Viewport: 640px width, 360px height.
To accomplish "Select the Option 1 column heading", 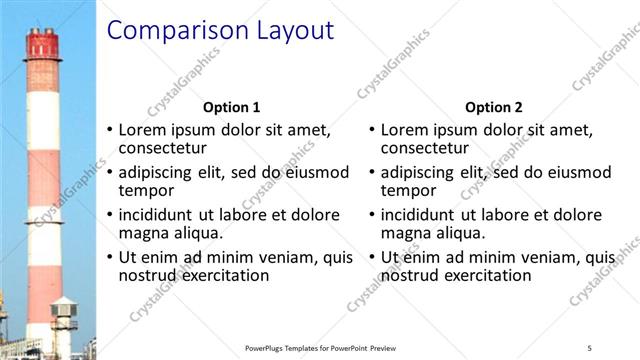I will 231,107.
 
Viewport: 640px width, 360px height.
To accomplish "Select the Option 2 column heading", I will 493,107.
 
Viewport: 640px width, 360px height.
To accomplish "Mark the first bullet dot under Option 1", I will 109,130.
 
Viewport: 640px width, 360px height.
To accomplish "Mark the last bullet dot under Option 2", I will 371,257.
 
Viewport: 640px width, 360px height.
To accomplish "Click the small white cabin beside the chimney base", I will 64,316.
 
